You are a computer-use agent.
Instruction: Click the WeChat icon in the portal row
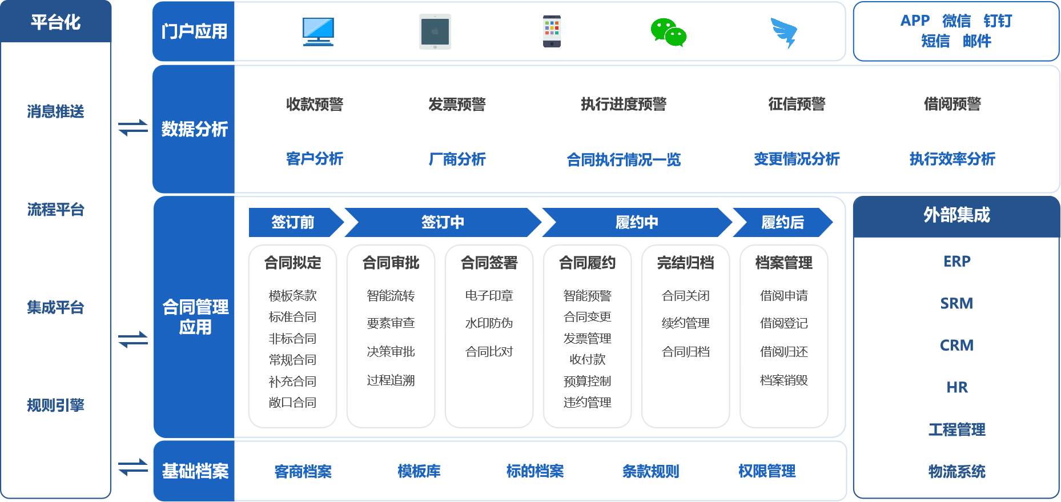tap(668, 33)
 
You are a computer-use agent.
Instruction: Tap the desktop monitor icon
tap(318, 31)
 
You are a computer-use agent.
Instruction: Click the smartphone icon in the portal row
tap(552, 32)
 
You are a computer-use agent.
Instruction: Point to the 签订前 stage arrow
tap(293, 222)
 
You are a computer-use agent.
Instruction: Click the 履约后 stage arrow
tap(782, 222)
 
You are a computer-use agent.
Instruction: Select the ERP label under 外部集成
tap(956, 262)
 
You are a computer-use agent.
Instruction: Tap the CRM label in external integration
tap(956, 346)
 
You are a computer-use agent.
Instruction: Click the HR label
tap(956, 388)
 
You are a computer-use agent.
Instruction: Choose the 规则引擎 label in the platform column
tap(55, 405)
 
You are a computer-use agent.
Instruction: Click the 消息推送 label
tap(55, 111)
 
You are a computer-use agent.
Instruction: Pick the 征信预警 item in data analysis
tap(797, 104)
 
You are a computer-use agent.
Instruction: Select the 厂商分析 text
tap(457, 159)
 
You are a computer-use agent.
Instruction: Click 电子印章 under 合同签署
tap(489, 295)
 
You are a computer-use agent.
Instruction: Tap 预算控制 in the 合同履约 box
tap(587, 381)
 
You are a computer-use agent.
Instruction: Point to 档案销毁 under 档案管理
tap(783, 380)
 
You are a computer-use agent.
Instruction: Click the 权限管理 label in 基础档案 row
tap(766, 471)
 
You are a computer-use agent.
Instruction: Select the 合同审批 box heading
tap(391, 263)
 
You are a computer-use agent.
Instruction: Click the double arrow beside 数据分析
tap(133, 127)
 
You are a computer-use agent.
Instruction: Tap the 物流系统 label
tap(956, 472)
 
